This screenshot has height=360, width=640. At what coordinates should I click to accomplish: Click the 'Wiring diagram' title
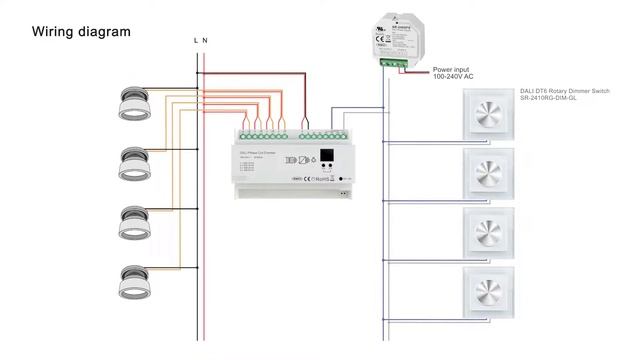[81, 32]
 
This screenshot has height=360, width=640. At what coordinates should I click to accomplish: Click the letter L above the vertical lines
[196, 41]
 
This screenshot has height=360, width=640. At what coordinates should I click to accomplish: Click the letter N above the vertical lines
[205, 41]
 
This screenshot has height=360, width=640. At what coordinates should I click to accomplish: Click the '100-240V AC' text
[453, 77]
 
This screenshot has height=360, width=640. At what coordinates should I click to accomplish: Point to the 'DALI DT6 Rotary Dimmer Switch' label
[564, 90]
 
